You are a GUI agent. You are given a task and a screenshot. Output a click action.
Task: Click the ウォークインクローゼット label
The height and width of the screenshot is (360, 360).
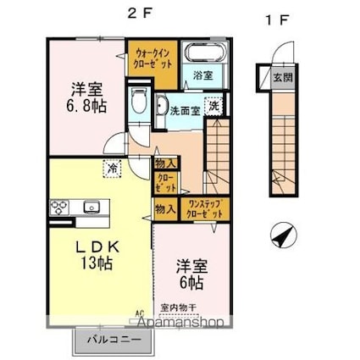tap(153, 58)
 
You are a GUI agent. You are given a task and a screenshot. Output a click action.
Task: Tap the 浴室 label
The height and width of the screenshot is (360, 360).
tap(202, 76)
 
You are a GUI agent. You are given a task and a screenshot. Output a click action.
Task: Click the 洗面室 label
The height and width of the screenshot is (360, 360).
tap(184, 109)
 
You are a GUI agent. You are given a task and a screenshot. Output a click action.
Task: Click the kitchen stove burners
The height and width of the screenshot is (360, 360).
tap(61, 207)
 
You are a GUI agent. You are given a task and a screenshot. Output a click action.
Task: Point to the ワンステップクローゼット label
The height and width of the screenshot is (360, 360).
tap(205, 210)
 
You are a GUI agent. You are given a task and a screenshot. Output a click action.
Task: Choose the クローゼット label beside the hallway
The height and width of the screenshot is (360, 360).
tap(164, 183)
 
